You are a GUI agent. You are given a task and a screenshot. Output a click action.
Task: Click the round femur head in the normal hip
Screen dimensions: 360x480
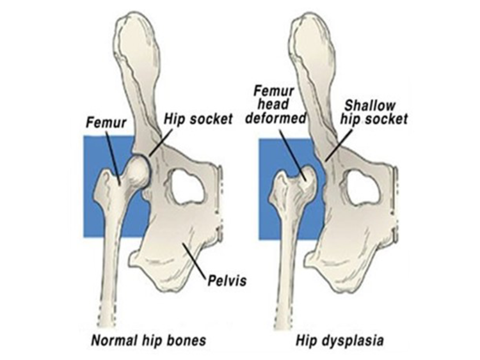[x=136, y=171]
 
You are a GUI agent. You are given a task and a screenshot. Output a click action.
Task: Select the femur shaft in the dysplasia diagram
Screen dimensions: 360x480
[x=287, y=256]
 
